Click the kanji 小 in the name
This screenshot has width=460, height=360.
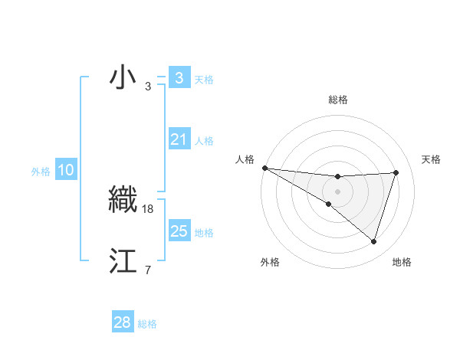pos(123,78)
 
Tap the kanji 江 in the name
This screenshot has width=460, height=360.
pos(123,260)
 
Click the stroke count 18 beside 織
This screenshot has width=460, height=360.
pos(149,208)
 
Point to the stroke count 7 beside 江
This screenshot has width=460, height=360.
pos(147,270)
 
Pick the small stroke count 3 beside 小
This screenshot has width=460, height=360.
pos(147,87)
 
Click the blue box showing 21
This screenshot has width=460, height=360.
pos(179,140)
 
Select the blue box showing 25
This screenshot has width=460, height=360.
pos(179,231)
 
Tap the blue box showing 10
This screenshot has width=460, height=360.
pos(66,171)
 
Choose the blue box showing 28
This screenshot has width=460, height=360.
pos(123,322)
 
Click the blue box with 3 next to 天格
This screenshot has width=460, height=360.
pos(179,78)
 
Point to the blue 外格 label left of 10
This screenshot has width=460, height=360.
pos(41,172)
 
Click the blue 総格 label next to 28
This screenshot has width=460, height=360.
pos(147,324)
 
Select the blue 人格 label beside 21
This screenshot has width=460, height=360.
pos(204,141)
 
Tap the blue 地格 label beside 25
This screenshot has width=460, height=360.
pos(204,233)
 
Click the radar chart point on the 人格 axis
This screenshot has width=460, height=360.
pos(264,168)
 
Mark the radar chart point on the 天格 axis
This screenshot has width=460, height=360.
pos(396,172)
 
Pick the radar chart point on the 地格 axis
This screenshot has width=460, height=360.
pos(373,241)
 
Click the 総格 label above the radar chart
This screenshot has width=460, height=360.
pos(337,100)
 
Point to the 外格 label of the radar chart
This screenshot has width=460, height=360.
pos(270,262)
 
